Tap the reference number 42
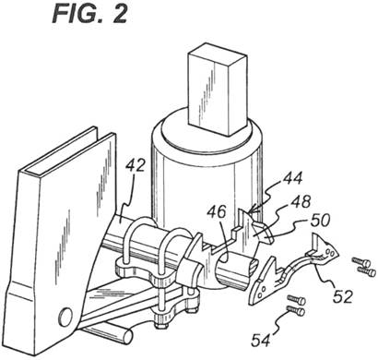(135, 166)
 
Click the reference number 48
(299, 202)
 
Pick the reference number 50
(320, 221)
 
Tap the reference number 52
(342, 296)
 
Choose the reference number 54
(261, 341)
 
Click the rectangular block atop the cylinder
(218, 90)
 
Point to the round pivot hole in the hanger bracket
(65, 317)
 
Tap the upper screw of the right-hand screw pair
(361, 262)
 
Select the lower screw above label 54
(296, 311)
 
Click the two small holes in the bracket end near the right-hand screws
(329, 251)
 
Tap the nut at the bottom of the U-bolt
(161, 323)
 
